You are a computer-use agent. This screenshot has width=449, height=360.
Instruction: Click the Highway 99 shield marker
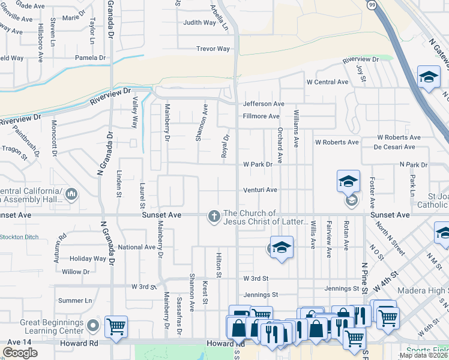373,5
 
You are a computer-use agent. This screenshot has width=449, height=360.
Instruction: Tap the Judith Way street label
200,23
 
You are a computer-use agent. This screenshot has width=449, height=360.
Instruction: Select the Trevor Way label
213,49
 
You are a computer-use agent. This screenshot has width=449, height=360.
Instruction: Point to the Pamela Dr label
90,58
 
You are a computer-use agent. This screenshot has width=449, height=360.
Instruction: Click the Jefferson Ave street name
264,104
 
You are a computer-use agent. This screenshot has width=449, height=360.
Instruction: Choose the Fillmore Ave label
261,116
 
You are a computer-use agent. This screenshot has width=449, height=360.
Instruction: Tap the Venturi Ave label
260,190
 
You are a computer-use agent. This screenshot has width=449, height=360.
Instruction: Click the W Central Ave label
327,82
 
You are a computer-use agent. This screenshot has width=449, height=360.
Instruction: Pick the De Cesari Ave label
394,147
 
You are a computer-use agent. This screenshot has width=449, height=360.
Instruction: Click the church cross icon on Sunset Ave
214,217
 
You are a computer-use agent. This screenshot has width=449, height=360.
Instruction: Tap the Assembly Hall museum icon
72,194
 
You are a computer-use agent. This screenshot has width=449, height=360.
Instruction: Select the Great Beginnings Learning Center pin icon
92,326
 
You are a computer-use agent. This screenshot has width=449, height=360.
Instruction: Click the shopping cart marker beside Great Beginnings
116,327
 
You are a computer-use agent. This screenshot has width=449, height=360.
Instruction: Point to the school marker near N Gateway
429,77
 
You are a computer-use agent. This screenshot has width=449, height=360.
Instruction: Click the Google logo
20,353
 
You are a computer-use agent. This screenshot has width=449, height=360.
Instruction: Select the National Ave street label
136,247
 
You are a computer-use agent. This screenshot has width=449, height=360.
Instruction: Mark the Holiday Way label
88,259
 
